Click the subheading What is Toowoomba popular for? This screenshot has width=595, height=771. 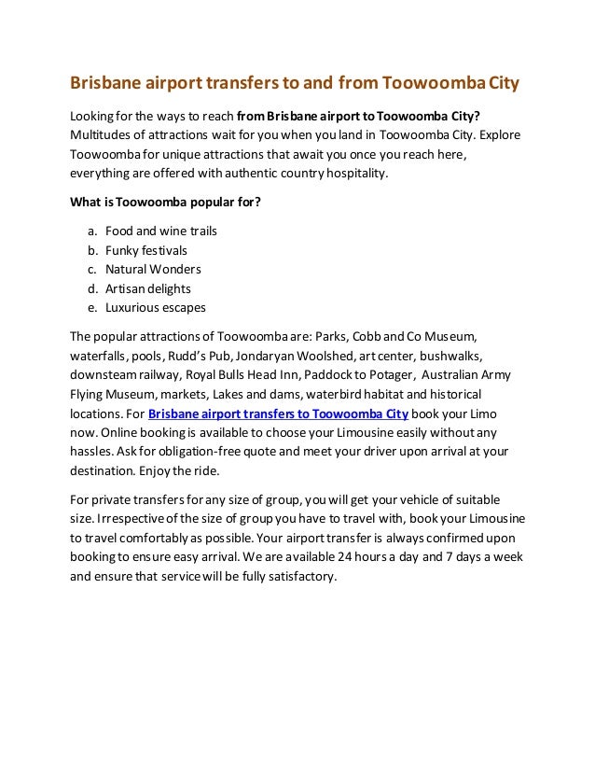[166, 202]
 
